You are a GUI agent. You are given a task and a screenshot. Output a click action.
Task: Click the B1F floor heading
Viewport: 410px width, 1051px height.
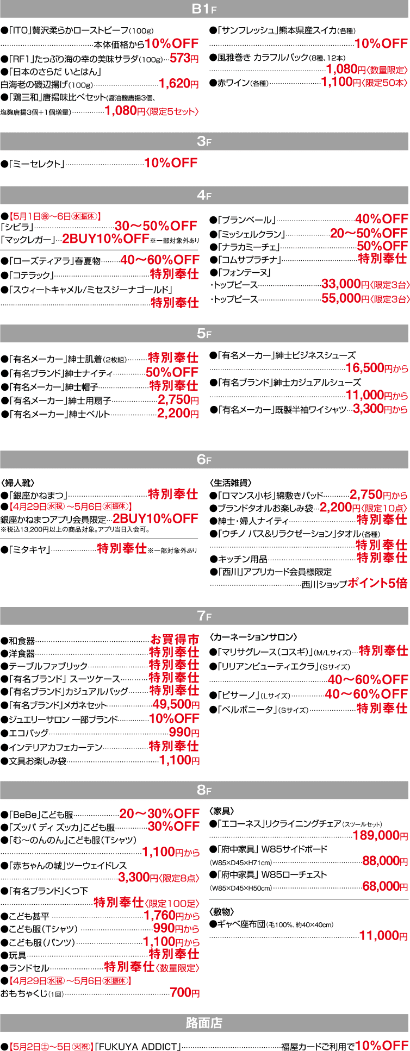tap(204, 9)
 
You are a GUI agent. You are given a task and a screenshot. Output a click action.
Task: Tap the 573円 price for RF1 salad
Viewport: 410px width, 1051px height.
tap(184, 59)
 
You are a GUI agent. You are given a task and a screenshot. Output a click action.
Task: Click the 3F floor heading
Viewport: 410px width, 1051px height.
tap(204, 141)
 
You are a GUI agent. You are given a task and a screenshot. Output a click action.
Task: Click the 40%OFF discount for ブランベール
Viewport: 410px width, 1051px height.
tap(381, 219)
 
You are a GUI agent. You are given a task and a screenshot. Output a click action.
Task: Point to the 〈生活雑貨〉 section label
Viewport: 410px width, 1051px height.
tap(231, 482)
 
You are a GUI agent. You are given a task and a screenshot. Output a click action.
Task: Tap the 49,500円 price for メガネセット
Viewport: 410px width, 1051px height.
tap(176, 705)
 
